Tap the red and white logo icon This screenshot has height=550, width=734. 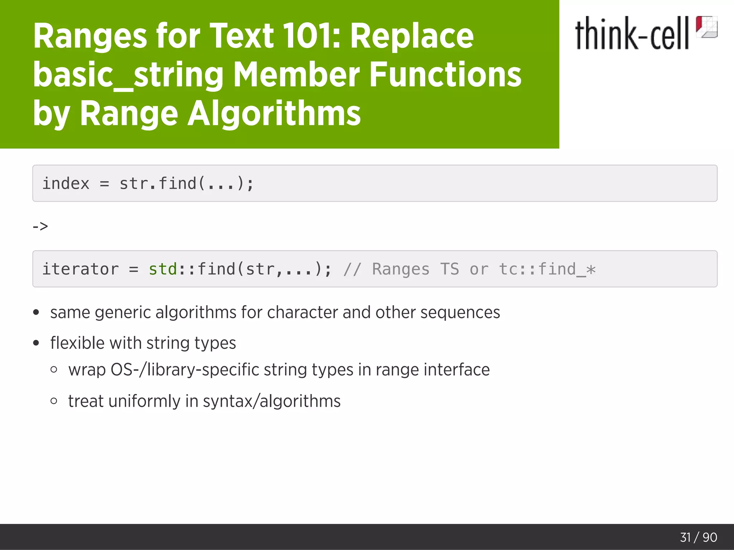[x=706, y=27]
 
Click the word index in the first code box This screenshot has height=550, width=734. [x=66, y=183]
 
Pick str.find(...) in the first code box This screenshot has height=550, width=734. [x=186, y=183]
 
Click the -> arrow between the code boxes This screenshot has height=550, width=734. [x=40, y=226]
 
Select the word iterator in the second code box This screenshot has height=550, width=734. [x=80, y=269]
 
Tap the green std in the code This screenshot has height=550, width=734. [x=163, y=269]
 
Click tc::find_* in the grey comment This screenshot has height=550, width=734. [x=547, y=269]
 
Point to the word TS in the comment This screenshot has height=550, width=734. [x=449, y=269]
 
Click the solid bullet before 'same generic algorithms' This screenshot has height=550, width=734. [x=36, y=312]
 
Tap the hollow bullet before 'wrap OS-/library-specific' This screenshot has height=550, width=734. [x=54, y=370]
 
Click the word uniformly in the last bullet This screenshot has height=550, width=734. [x=144, y=401]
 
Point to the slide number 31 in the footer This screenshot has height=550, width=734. [x=685, y=537]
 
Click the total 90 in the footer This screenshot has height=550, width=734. [x=710, y=537]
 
